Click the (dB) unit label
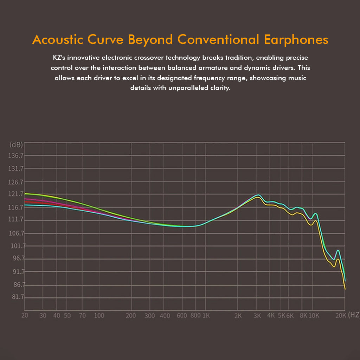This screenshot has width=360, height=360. pyautogui.click(x=16, y=145)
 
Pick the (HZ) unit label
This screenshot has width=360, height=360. pyautogui.click(x=354, y=315)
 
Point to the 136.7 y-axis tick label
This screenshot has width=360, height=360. pyautogui.click(x=16, y=156)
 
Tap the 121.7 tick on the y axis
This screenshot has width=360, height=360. pyautogui.click(x=16, y=194)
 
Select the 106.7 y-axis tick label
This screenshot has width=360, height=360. pyautogui.click(x=16, y=233)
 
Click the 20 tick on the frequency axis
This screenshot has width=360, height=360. pyautogui.click(x=25, y=315)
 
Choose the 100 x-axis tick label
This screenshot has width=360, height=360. pyautogui.click(x=99, y=315)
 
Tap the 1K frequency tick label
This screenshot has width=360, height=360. pyautogui.click(x=206, y=315)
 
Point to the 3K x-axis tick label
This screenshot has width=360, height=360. pyautogui.click(x=257, y=315)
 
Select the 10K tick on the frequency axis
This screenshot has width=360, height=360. pyautogui.click(x=314, y=315)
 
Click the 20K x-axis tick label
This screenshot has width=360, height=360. pyautogui.click(x=341, y=315)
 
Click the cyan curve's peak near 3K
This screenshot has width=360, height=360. pyautogui.click(x=258, y=194)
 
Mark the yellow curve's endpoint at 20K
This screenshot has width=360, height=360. pyautogui.click(x=345, y=289)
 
